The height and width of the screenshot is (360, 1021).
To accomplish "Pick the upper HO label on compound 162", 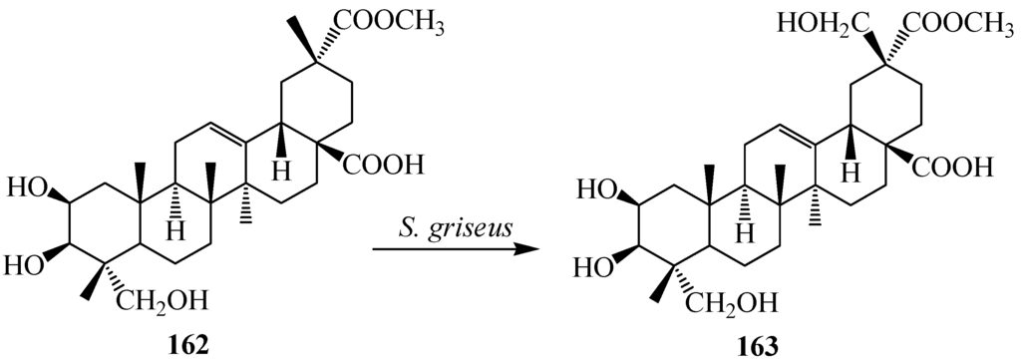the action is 24,186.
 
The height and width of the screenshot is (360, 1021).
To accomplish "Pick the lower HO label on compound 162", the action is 24,263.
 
